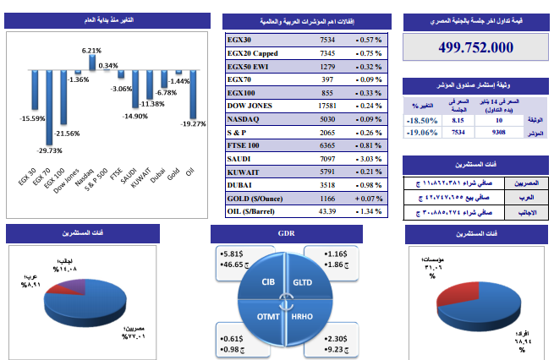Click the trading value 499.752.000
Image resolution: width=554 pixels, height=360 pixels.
[477, 48]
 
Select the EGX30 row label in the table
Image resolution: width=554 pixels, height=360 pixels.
[241, 40]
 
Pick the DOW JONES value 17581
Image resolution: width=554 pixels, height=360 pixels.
[327, 106]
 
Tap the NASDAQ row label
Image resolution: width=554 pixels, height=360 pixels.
[244, 120]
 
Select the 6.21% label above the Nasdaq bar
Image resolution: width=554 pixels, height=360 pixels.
[91, 51]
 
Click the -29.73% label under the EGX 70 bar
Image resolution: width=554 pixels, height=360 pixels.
[50, 150]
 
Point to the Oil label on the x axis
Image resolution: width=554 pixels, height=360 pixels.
[189, 172]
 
